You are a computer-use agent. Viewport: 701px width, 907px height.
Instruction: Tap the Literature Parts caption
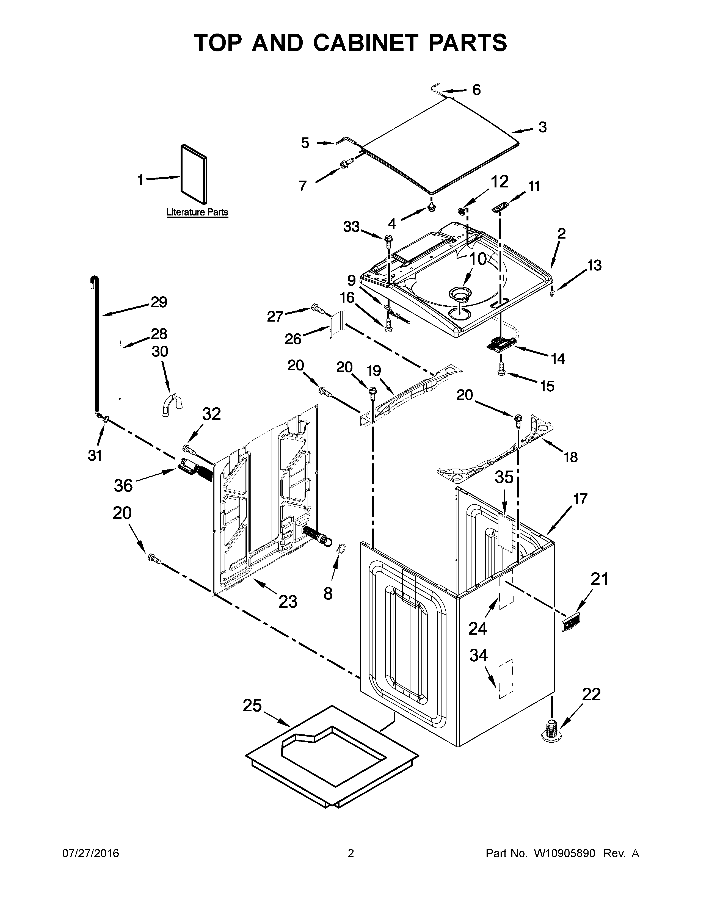point(197,212)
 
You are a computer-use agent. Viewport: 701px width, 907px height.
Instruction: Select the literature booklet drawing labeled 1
point(194,175)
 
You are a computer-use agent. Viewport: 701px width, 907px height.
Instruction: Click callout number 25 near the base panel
point(252,705)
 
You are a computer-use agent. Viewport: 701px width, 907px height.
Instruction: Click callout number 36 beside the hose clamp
point(123,485)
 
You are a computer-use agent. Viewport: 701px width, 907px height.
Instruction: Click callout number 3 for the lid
point(542,127)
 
